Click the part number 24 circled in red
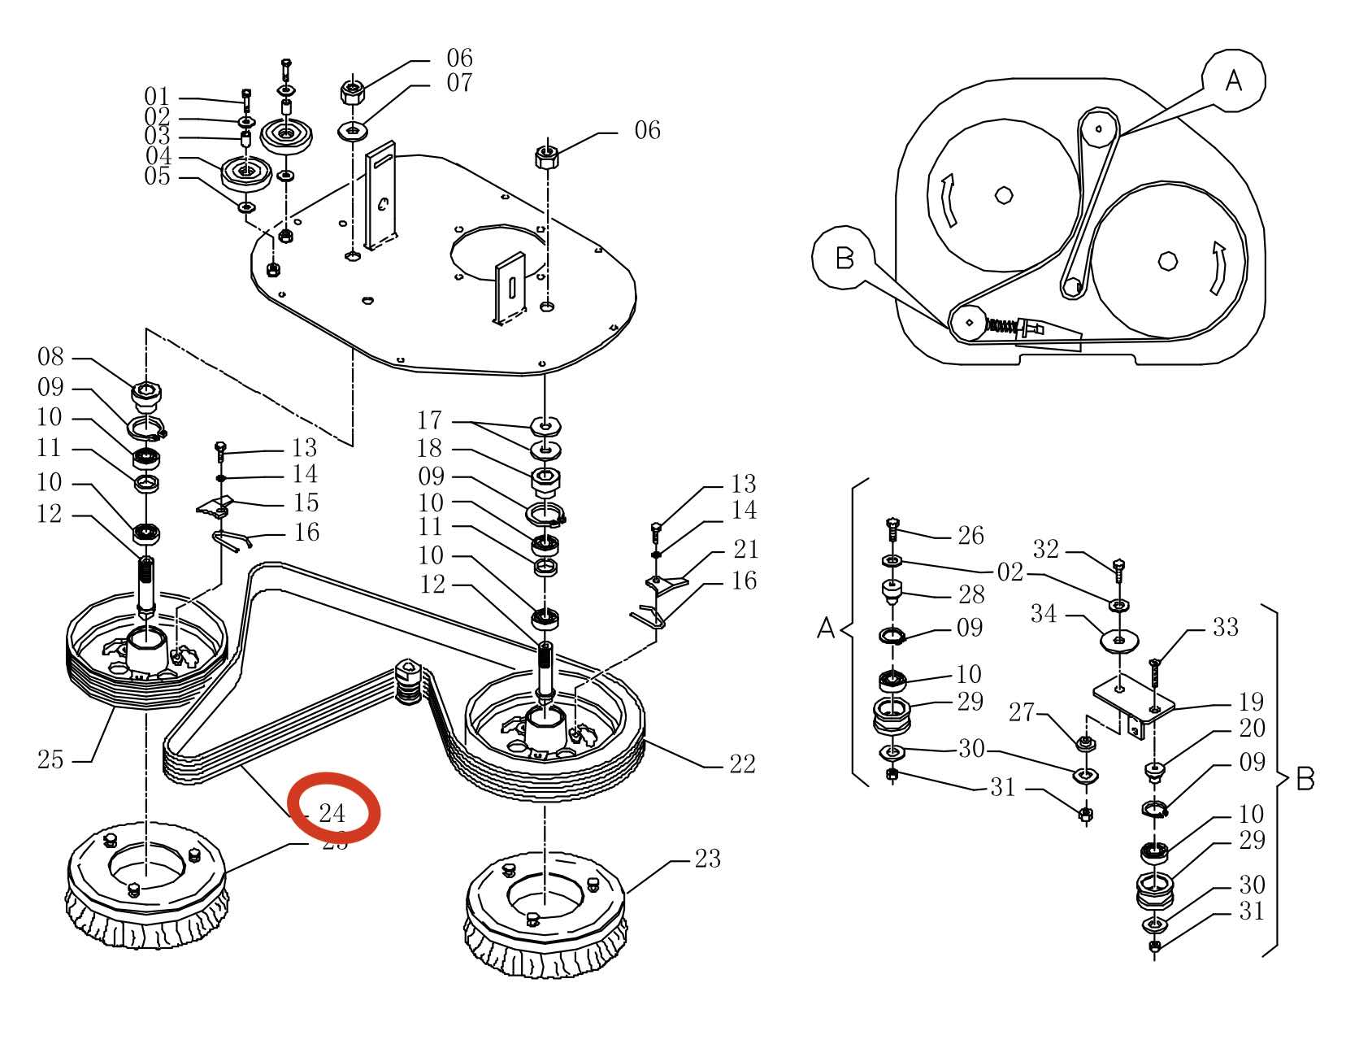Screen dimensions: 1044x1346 [332, 813]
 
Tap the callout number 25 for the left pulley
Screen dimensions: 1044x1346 [50, 760]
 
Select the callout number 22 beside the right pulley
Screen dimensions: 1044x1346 [742, 764]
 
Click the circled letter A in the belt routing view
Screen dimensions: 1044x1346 [1234, 80]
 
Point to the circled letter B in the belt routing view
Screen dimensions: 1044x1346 [845, 259]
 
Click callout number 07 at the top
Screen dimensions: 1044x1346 [459, 83]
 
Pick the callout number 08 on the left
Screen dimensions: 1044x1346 [50, 358]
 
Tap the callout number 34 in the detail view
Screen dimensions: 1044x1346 [1044, 614]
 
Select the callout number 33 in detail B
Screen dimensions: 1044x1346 [1225, 628]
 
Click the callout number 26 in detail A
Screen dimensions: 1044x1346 [970, 536]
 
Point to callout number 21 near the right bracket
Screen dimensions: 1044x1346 [745, 550]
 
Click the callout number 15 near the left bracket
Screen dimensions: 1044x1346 [306, 503]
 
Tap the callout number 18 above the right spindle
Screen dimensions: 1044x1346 [430, 448]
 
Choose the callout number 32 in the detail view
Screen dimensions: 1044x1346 [1046, 550]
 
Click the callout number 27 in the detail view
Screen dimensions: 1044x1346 [1022, 713]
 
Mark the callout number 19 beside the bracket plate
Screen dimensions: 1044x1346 [1252, 702]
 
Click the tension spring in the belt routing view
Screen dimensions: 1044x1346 [1001, 326]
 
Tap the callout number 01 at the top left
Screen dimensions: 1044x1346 [157, 98]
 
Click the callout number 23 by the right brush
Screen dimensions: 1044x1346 [707, 859]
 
